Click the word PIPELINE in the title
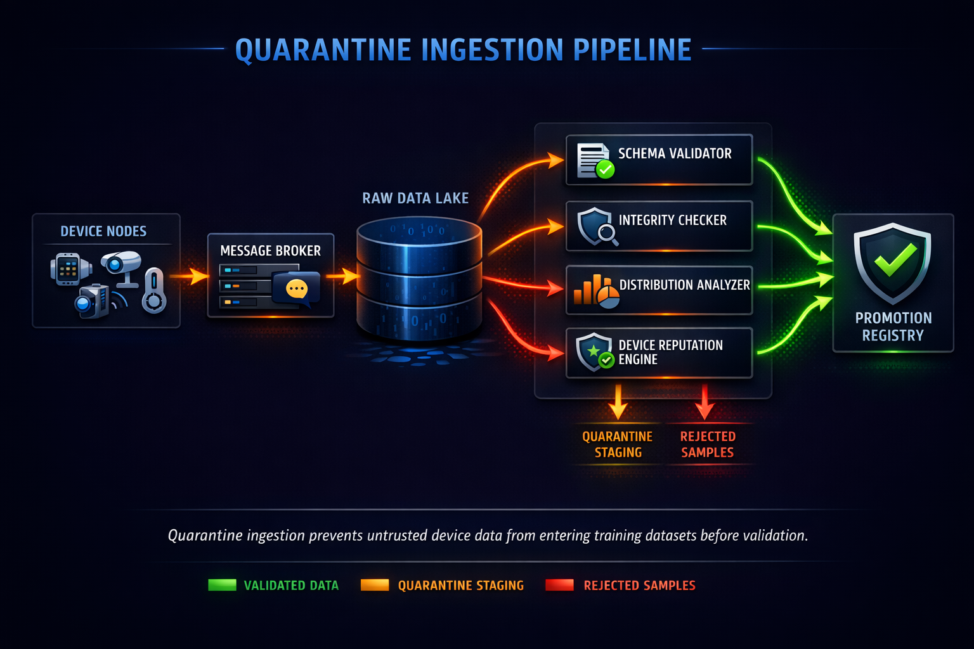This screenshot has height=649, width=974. pyautogui.click(x=632, y=50)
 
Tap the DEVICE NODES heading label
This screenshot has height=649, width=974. pyautogui.click(x=103, y=231)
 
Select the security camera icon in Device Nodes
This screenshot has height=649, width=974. pyautogui.click(x=121, y=265)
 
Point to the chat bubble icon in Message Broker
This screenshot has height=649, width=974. pyautogui.click(x=296, y=289)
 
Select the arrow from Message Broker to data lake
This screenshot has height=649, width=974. pyautogui.click(x=343, y=276)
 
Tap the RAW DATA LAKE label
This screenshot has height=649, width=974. pyautogui.click(x=415, y=198)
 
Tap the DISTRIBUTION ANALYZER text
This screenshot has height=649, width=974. pyautogui.click(x=684, y=285)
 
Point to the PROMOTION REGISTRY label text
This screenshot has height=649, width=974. pyautogui.click(x=893, y=326)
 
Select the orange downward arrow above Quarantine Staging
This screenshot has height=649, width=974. pyautogui.click(x=618, y=402)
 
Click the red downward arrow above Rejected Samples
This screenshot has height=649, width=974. pyautogui.click(x=705, y=402)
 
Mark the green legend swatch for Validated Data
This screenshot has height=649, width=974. pyautogui.click(x=222, y=585)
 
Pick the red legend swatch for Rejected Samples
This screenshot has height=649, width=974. pyautogui.click(x=559, y=585)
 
